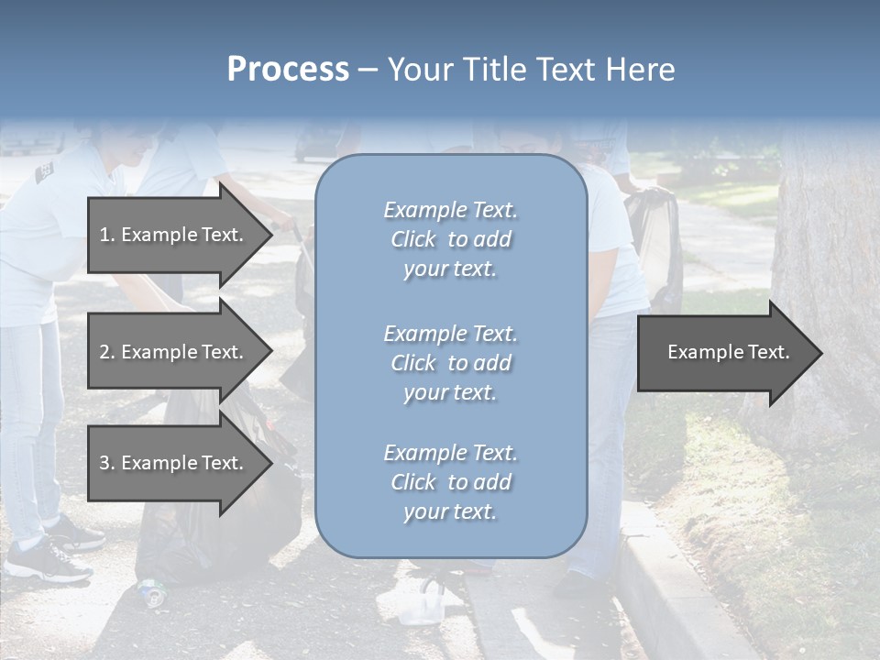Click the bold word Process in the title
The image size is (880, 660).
click(288, 70)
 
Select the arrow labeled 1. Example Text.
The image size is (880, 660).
click(174, 235)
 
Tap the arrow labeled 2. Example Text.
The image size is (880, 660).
click(174, 352)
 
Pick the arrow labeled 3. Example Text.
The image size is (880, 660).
click(174, 463)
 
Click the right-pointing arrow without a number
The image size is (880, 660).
click(724, 352)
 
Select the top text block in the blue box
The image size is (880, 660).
click(450, 239)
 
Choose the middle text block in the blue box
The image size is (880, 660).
click(450, 363)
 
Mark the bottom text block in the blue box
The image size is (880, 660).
click(450, 482)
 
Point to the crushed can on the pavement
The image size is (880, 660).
click(151, 593)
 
